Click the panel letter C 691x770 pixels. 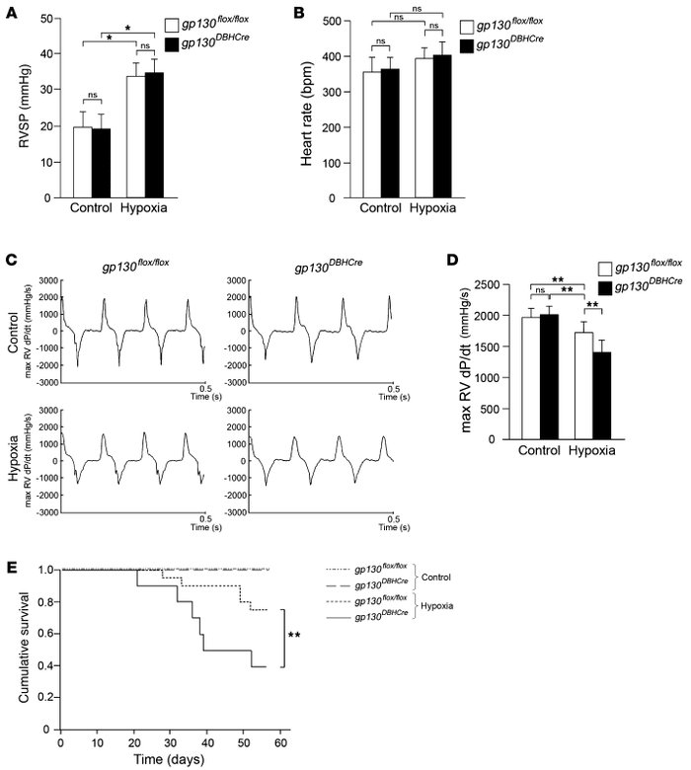click(11, 260)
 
